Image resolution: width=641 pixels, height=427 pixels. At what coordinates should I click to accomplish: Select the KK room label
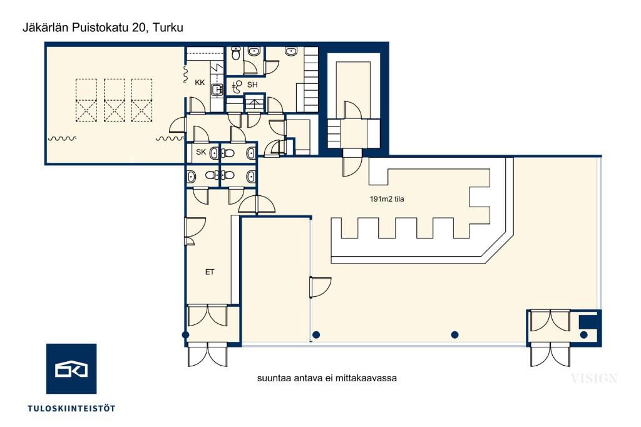coord(200,83)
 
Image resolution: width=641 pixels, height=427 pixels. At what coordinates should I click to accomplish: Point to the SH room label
coord(252,85)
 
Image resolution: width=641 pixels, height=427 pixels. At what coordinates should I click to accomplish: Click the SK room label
coord(201,152)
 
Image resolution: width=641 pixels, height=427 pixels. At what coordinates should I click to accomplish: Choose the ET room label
coord(210,272)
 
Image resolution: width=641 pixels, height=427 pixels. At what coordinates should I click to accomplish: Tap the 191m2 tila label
coord(387,199)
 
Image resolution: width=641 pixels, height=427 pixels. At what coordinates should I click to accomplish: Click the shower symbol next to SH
coord(236,86)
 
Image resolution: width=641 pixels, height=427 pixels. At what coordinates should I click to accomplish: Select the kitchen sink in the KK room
coord(217,88)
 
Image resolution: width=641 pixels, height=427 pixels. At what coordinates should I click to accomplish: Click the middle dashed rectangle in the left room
coord(114,100)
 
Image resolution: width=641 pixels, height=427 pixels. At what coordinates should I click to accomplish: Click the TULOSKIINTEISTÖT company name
coord(71,408)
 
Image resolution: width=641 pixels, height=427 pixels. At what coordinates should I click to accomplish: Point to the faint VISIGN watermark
coord(594,378)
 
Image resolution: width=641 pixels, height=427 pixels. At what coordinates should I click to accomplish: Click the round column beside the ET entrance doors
coord(185,335)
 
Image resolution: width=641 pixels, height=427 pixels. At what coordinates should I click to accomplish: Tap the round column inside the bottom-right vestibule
coord(584,335)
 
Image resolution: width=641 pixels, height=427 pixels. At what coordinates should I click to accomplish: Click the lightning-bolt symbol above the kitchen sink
coord(217,68)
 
